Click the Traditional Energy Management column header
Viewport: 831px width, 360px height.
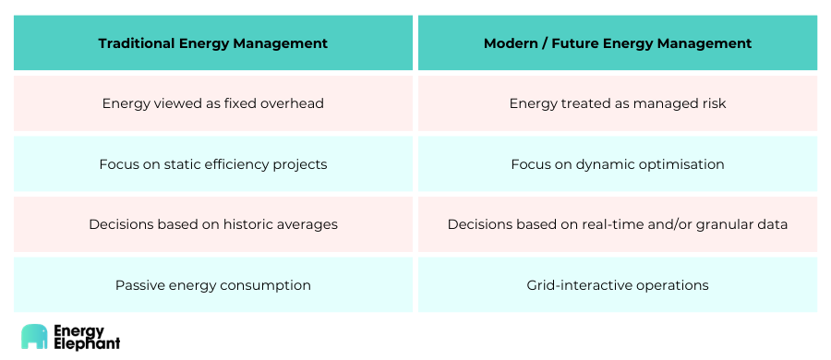click(213, 42)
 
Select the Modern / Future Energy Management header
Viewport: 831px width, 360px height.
click(618, 42)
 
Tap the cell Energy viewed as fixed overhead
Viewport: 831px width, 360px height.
click(213, 103)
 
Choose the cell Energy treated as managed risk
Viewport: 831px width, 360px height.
click(618, 103)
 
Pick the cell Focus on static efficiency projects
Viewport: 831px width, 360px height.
click(213, 164)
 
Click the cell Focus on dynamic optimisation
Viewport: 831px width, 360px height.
click(618, 164)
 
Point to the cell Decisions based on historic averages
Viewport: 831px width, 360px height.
click(213, 224)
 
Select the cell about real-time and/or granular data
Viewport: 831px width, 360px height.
click(618, 224)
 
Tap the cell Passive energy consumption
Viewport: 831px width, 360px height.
click(213, 285)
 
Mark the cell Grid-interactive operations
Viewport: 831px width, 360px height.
click(618, 285)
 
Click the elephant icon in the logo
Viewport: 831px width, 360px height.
click(34, 337)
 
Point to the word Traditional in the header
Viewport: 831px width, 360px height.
click(137, 43)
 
